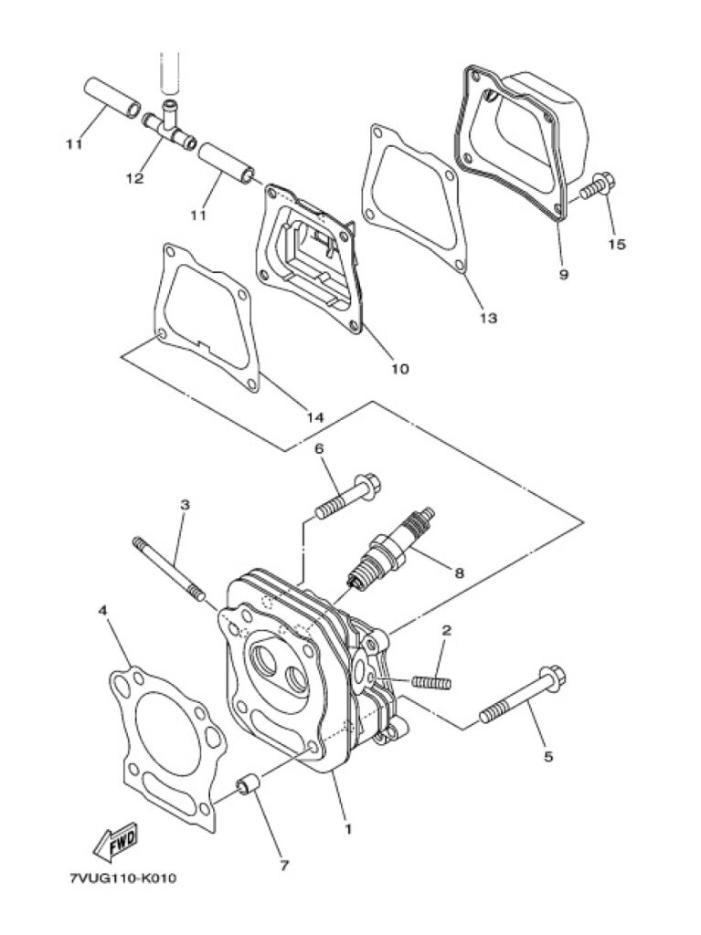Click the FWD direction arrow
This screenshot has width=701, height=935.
pos(116,842)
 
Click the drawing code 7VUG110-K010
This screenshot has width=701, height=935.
pos(123,879)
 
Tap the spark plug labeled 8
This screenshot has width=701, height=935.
pos(390,548)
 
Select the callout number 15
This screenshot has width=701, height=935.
pos(618,244)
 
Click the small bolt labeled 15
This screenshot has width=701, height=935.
pos(598,185)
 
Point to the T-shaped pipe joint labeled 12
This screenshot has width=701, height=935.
pos(169,124)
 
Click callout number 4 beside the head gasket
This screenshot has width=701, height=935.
pos(103,611)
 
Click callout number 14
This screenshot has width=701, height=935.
pos(314,417)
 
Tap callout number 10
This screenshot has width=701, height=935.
pos(400,369)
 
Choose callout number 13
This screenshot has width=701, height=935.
pos(488,318)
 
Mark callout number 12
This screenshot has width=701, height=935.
pos(135,178)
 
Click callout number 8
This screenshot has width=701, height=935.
pos(459,573)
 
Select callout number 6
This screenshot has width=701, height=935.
pos(319,448)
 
